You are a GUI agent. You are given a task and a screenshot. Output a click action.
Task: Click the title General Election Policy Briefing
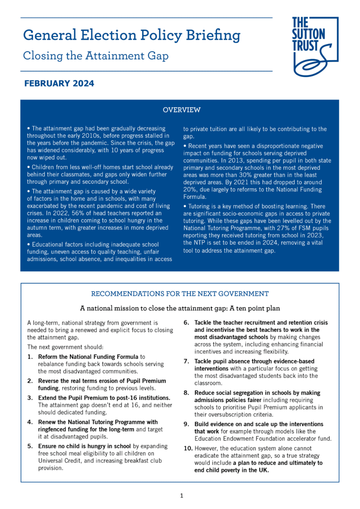point(132,35)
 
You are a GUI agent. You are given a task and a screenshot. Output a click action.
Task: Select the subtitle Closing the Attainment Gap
point(96,56)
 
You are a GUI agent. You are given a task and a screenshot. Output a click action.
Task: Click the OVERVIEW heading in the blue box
point(181,110)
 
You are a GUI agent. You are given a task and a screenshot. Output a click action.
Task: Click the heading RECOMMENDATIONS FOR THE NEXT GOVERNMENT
point(180,294)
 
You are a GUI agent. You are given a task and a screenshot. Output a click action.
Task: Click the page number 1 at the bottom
point(181,495)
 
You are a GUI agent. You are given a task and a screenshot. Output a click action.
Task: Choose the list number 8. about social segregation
point(186,392)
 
